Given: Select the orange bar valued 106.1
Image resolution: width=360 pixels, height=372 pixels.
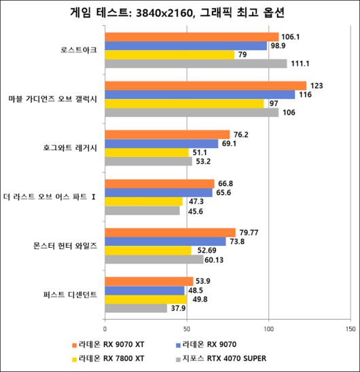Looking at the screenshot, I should point(191,37).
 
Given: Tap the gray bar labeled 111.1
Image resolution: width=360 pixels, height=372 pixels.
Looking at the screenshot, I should point(195,64).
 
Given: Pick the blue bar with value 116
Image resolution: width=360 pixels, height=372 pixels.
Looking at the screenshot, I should point(199,94).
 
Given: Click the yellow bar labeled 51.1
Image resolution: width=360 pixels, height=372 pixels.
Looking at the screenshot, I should point(146,153).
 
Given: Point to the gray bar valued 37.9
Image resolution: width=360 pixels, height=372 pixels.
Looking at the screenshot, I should point(135,308).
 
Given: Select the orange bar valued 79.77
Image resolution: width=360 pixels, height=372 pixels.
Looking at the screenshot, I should point(169,232).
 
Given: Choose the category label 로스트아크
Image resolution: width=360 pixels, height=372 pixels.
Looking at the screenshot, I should point(79,50).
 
